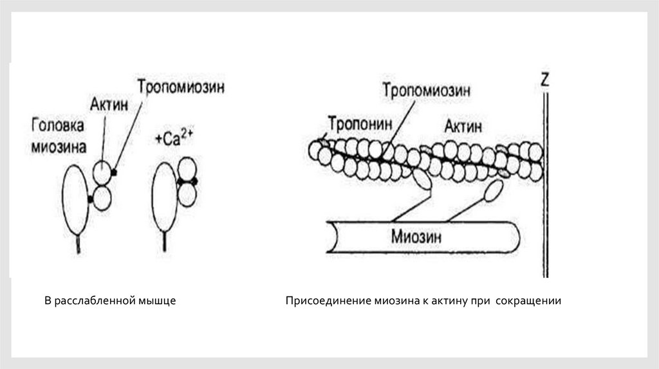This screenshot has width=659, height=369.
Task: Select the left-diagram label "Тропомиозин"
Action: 180,87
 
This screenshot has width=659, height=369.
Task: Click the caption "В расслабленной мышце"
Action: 110,301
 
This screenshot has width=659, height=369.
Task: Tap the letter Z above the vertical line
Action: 545,80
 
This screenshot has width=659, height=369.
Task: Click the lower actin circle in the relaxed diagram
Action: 101,197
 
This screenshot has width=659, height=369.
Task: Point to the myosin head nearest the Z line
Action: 493,191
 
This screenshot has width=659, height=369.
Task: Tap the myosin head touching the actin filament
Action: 422,179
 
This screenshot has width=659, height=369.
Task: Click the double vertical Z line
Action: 546,193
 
